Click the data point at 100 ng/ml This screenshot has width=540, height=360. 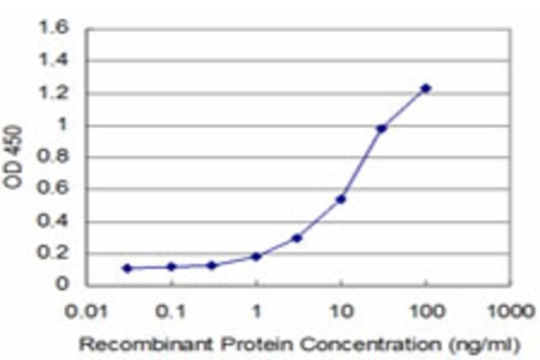point(425,89)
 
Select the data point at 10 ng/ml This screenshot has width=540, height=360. point(341,199)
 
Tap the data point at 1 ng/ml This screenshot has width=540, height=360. point(256,256)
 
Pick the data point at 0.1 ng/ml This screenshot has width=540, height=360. point(171,266)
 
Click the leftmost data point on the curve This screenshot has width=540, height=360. point(127,268)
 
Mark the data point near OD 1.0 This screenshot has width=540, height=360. point(381,129)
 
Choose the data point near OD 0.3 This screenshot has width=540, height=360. point(296,238)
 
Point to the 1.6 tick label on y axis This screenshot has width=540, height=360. point(54,28)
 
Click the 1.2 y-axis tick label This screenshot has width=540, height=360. point(54,93)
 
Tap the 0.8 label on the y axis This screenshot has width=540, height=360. point(54,157)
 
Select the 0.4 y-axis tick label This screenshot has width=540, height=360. point(54,221)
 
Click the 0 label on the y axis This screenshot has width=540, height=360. point(62,284)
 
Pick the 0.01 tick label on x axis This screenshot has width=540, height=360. point(86,311)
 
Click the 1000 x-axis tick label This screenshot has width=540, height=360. point(511,311)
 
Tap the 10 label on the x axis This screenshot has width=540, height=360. point(342,311)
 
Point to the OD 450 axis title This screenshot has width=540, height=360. point(13,157)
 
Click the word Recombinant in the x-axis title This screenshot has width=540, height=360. point(147,344)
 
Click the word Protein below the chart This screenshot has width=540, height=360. point(257,344)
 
